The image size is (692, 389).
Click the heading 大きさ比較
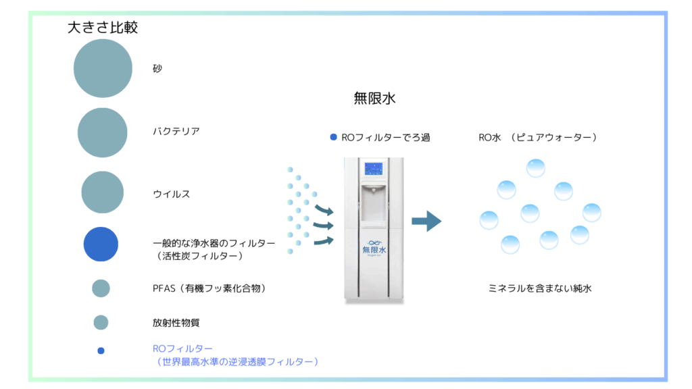pyautogui.click(x=103, y=28)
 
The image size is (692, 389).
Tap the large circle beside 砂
pyautogui.click(x=103, y=68)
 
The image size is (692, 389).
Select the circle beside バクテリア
pyautogui.click(x=103, y=132)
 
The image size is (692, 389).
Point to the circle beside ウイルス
pyautogui.click(x=103, y=192)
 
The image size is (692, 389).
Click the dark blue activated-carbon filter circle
pyautogui.click(x=101, y=244)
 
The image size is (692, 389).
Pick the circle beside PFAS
pyautogui.click(x=101, y=288)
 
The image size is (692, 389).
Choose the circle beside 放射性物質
pyautogui.click(x=101, y=322)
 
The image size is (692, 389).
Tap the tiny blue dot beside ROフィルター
pyautogui.click(x=101, y=351)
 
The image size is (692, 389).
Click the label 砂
pyautogui.click(x=157, y=69)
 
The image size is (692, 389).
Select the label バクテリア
pyautogui.click(x=176, y=132)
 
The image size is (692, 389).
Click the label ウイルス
pyautogui.click(x=172, y=194)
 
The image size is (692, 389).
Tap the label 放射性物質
pyautogui.click(x=176, y=323)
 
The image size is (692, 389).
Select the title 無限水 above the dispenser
pyautogui.click(x=374, y=99)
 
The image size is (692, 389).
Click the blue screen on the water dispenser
pyautogui.click(x=374, y=169)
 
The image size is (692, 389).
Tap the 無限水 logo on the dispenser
pyautogui.click(x=374, y=248)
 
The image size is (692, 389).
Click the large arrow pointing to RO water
pyautogui.click(x=426, y=221)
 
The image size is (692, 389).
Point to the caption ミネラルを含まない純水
pyautogui.click(x=541, y=288)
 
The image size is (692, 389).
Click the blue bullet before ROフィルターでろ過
pyautogui.click(x=333, y=138)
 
